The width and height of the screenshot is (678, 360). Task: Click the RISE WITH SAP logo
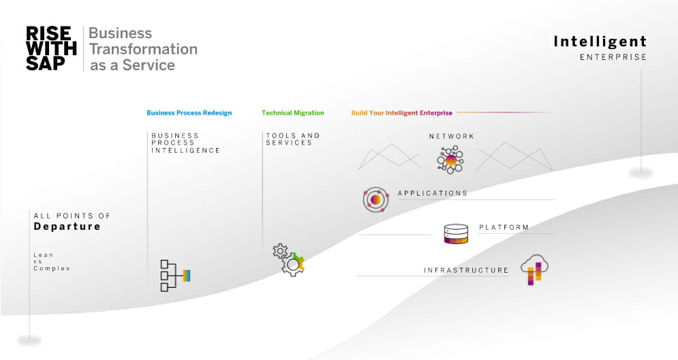pyautogui.click(x=51, y=48)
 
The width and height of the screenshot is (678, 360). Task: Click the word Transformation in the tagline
pyautogui.click(x=143, y=49)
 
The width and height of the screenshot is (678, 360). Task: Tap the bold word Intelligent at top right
pyautogui.click(x=600, y=42)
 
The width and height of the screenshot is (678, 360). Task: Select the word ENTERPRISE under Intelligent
pyautogui.click(x=613, y=57)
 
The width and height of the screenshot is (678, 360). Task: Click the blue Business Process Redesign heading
pyautogui.click(x=189, y=113)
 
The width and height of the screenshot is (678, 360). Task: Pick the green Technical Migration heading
pyautogui.click(x=293, y=113)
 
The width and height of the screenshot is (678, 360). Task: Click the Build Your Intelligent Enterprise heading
pyautogui.click(x=402, y=113)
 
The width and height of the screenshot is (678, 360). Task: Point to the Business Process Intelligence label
pyautogui.click(x=185, y=143)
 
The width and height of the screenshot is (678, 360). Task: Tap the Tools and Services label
pyautogui.click(x=293, y=139)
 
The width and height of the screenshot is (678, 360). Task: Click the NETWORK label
pyautogui.click(x=451, y=136)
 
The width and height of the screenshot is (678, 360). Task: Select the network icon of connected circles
pyautogui.click(x=450, y=160)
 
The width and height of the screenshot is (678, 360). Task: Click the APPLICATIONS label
pyautogui.click(x=433, y=194)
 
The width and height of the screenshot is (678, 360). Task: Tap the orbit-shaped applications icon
pyautogui.click(x=375, y=200)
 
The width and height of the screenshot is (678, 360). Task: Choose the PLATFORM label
pyautogui.click(x=504, y=227)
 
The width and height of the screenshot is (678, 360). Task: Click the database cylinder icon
pyautogui.click(x=456, y=234)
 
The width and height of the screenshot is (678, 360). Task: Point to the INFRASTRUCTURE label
pyautogui.click(x=466, y=271)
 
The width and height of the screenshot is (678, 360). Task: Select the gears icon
pyautogui.click(x=289, y=260)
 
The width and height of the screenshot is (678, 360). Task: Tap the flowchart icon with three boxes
pyautogui.click(x=175, y=275)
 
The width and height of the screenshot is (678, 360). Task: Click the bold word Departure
pyautogui.click(x=67, y=226)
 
